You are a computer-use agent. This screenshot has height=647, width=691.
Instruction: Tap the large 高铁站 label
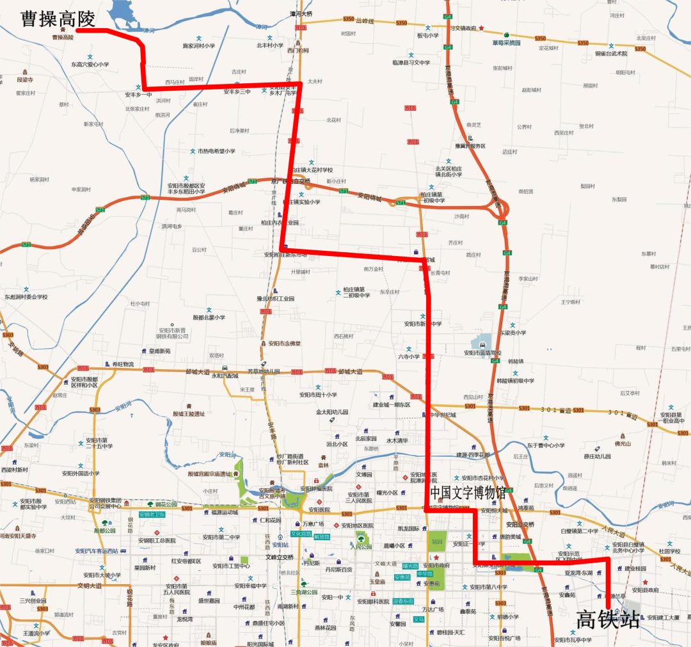click(x=608, y=619)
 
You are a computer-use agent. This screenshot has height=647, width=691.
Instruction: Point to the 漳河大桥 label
click(x=301, y=13)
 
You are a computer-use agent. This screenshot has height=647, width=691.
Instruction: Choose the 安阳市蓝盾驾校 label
click(x=483, y=353)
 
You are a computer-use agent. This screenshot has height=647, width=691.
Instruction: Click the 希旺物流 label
click(x=122, y=364)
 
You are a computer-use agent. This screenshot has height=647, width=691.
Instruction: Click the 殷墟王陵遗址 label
click(x=189, y=414)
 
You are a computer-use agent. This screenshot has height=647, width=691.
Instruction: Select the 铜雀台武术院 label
click(x=611, y=54)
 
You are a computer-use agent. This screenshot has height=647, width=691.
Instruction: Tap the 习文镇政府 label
click(x=463, y=28)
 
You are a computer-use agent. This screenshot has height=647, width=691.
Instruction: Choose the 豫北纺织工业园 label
click(x=275, y=299)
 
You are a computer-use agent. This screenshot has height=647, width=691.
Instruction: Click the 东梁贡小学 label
click(x=512, y=332)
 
